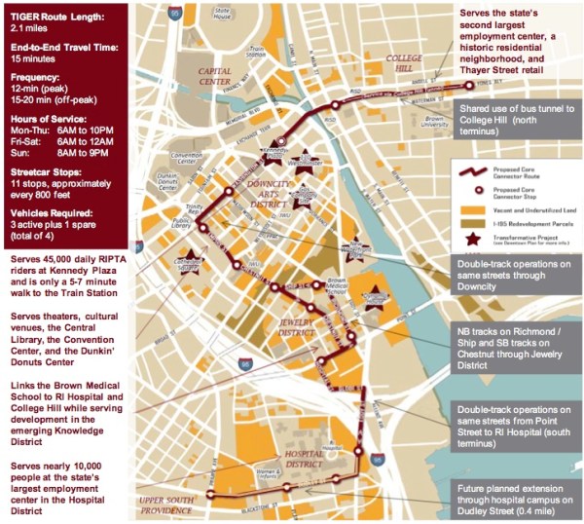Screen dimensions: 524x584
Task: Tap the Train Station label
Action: coord(256,51)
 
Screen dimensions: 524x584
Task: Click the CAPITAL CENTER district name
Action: coord(214,76)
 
